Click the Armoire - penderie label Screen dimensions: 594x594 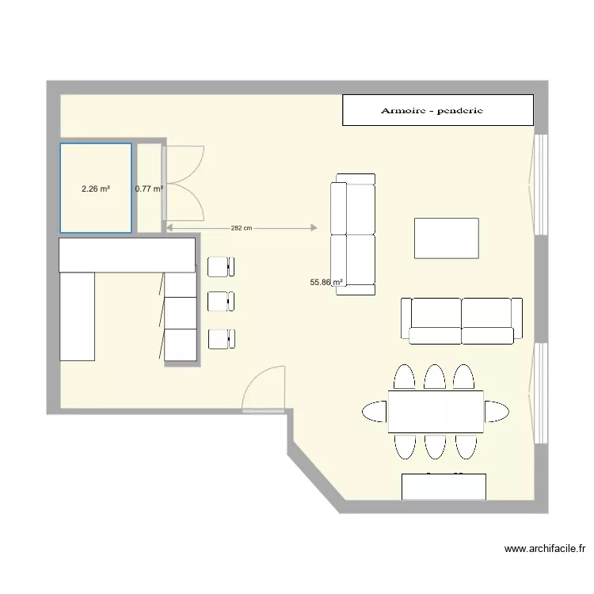click(432, 111)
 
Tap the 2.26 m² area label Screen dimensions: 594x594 click(96, 189)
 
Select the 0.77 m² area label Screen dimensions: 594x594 click(149, 189)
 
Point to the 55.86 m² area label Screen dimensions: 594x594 click(327, 282)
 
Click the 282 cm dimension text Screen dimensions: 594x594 click(242, 228)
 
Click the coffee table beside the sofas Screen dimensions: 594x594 click(447, 238)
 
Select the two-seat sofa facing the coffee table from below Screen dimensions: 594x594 click(462, 321)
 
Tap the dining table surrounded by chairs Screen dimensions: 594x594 click(436, 412)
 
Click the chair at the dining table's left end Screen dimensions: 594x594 click(375, 411)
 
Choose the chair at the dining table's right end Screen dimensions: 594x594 click(497, 411)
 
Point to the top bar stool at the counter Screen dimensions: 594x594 click(221, 266)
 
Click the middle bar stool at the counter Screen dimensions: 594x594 click(221, 302)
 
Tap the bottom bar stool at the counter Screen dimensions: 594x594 click(221, 339)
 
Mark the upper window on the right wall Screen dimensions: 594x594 click(541, 184)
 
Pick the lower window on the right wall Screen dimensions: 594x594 click(541, 393)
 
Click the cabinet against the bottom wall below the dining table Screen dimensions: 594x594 click(444, 486)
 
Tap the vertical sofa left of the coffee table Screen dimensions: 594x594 click(353, 234)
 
